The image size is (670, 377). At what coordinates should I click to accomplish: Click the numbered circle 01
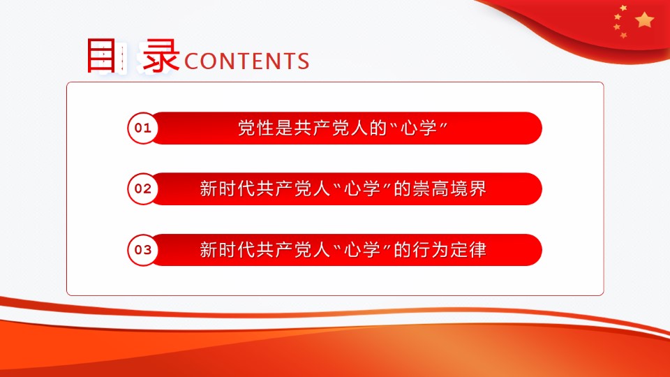click(142, 128)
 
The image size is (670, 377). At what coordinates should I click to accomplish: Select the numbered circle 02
click(142, 188)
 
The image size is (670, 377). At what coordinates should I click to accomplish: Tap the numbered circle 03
click(142, 250)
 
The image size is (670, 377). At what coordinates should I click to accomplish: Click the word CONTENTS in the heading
click(247, 61)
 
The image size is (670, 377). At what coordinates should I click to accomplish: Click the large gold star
click(644, 20)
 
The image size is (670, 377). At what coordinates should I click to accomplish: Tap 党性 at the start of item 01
click(256, 128)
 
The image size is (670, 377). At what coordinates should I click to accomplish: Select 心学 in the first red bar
click(419, 128)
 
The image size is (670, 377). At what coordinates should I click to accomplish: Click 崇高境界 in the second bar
click(449, 188)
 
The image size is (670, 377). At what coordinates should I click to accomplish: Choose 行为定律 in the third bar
click(449, 250)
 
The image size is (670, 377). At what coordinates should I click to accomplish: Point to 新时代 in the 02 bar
click(228, 188)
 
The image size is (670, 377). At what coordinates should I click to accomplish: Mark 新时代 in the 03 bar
click(228, 250)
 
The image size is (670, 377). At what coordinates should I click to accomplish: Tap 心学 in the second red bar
click(362, 188)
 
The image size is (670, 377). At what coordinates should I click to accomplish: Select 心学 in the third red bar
click(362, 250)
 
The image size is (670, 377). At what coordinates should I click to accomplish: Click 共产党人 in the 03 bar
click(293, 250)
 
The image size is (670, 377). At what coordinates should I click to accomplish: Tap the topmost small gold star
click(623, 8)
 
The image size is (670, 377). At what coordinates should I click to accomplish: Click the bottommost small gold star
click(624, 35)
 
